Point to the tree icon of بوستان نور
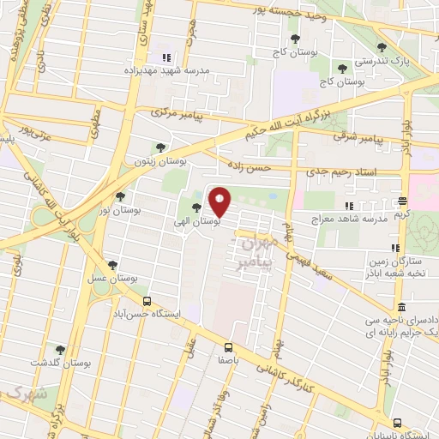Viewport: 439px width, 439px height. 119,195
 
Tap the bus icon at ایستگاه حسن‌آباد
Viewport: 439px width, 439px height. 147,302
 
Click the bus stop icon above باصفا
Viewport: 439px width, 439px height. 228,347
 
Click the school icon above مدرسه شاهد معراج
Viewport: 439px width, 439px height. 348,206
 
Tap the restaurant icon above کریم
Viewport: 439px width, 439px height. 402,201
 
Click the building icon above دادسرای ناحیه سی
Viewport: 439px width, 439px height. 402,307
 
